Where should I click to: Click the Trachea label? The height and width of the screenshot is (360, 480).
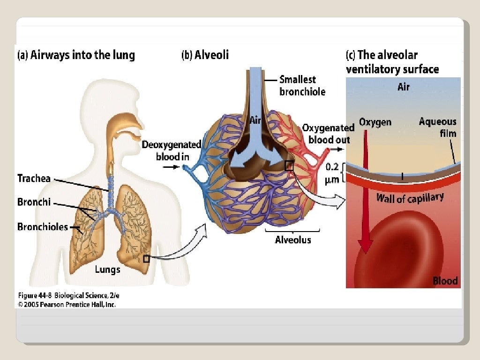pyautogui.click(x=34, y=179)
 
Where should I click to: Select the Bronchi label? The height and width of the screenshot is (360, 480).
pyautogui.click(x=34, y=203)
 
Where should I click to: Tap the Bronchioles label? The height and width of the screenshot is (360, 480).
pyautogui.click(x=43, y=227)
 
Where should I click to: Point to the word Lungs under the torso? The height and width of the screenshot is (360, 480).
pyautogui.click(x=108, y=269)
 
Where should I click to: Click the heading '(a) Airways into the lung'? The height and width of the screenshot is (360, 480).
pyautogui.click(x=76, y=55)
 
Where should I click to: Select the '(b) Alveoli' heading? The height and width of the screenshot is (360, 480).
pyautogui.click(x=205, y=55)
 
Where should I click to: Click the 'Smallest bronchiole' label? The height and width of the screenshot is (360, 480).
pyautogui.click(x=302, y=85)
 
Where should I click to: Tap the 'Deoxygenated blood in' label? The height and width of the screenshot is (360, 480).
pyautogui.click(x=172, y=150)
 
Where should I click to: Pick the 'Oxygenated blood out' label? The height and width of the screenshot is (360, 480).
pyautogui.click(x=329, y=134)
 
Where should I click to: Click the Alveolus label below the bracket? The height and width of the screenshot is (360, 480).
pyautogui.click(x=292, y=240)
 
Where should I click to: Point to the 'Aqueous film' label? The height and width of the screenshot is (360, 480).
pyautogui.click(x=437, y=127)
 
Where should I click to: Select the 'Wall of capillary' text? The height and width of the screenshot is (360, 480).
pyautogui.click(x=410, y=197)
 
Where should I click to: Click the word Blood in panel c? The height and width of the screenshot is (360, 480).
pyautogui.click(x=445, y=281)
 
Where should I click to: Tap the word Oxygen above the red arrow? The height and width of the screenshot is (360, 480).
pyautogui.click(x=375, y=122)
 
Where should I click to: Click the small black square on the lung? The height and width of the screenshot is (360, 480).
pyautogui.click(x=146, y=259)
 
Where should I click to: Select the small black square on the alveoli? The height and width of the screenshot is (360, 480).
pyautogui.click(x=289, y=165)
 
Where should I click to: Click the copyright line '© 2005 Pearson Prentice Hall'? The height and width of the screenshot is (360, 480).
pyautogui.click(x=67, y=304)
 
